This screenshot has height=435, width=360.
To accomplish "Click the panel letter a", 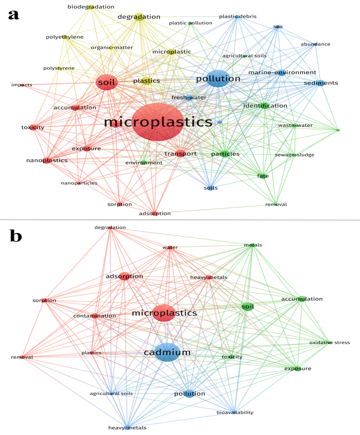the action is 14,15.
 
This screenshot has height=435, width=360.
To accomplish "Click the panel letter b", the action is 16,236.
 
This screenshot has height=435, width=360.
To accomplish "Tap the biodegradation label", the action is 91,7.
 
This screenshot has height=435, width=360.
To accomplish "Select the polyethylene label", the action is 64,37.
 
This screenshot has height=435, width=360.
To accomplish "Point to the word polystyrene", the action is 59,68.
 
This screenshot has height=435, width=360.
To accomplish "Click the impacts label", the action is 22,84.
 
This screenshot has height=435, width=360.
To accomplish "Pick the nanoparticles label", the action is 79,183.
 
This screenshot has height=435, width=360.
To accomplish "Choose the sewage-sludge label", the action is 294,155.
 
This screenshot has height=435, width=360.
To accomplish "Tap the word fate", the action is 263,176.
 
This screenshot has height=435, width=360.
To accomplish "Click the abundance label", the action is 315,44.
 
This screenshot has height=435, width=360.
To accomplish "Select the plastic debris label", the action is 238,17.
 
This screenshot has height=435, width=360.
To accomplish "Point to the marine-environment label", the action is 282,73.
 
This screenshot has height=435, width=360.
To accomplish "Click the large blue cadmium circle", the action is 167,352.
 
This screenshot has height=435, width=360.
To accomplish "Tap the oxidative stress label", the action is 329,342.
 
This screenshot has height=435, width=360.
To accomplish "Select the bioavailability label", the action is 235,412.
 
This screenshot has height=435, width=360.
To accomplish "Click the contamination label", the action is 95,316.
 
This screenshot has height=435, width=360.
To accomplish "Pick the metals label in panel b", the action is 253,245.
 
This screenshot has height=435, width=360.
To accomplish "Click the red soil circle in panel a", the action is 107,82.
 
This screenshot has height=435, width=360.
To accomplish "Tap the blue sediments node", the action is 321,83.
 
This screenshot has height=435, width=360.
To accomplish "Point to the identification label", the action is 265,105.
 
